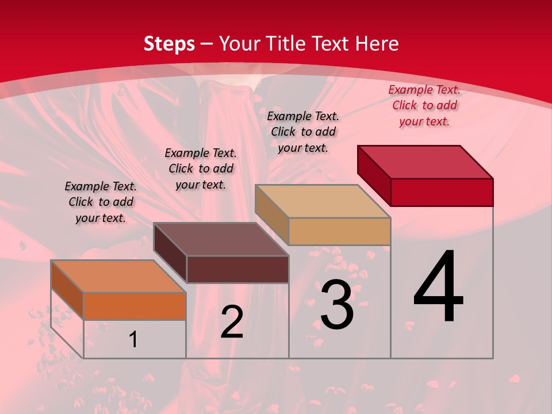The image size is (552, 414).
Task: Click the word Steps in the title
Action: point(169,44)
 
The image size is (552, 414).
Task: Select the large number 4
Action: point(438,287)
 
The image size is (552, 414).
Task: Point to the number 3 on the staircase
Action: point(337,305)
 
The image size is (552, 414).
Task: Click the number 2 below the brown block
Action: point(232,322)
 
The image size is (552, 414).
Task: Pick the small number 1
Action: point(133,339)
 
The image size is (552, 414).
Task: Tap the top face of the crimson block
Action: point(425,162)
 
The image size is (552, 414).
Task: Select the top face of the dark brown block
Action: point(221,239)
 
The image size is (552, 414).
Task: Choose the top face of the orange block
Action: point(118,277)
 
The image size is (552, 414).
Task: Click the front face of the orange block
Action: point(135,306)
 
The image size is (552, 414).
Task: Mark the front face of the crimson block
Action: point(442,192)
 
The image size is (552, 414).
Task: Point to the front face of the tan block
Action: point(339,231)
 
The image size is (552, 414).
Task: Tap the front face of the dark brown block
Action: point(237,269)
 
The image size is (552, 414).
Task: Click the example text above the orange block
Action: point(101,202)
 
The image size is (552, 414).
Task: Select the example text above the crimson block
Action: point(424,105)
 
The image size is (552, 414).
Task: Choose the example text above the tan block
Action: point(303,132)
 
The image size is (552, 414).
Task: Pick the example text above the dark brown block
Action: point(201,168)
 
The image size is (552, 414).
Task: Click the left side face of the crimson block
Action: point(374,175)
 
